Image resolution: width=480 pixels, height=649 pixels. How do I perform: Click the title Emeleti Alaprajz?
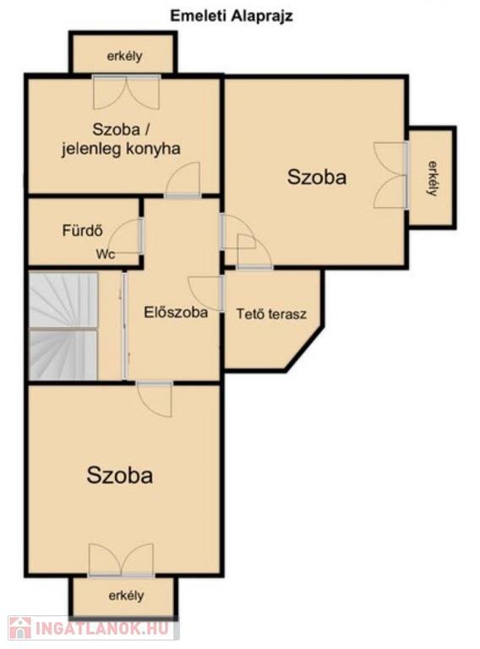pyautogui.click(x=232, y=16)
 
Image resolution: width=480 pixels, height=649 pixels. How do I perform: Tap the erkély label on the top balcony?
pyautogui.click(x=124, y=56)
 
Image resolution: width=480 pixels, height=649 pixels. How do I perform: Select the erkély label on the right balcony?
pyautogui.click(x=432, y=178)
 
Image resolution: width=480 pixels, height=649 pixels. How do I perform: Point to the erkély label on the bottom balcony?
pyautogui.click(x=126, y=596)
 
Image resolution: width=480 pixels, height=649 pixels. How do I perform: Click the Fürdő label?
pyautogui.click(x=82, y=230)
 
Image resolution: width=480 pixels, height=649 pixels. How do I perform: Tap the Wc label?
pyautogui.click(x=106, y=254)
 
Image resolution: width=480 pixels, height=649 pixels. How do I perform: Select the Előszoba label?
pyautogui.click(x=176, y=312)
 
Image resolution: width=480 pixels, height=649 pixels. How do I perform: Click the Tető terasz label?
pyautogui.click(x=271, y=314)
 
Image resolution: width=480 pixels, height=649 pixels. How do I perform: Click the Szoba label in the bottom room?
pyautogui.click(x=120, y=475)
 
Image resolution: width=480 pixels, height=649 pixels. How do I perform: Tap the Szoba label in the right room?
pyautogui.click(x=317, y=177)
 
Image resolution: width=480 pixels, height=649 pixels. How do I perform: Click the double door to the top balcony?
pyautogui.click(x=126, y=92)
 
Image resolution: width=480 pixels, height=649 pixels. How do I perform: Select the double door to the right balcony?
pyautogui.click(x=390, y=175)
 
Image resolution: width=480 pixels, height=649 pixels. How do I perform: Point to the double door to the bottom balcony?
pyautogui.click(x=121, y=560)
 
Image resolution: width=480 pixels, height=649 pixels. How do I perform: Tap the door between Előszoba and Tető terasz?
pyautogui.click(x=206, y=293)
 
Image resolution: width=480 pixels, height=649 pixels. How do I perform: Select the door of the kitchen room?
pyautogui.click(x=183, y=180)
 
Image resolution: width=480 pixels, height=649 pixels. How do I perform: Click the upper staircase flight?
pyautogui.click(x=63, y=300)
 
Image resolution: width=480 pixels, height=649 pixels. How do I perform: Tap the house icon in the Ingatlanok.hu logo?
pyautogui.click(x=20, y=628)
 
